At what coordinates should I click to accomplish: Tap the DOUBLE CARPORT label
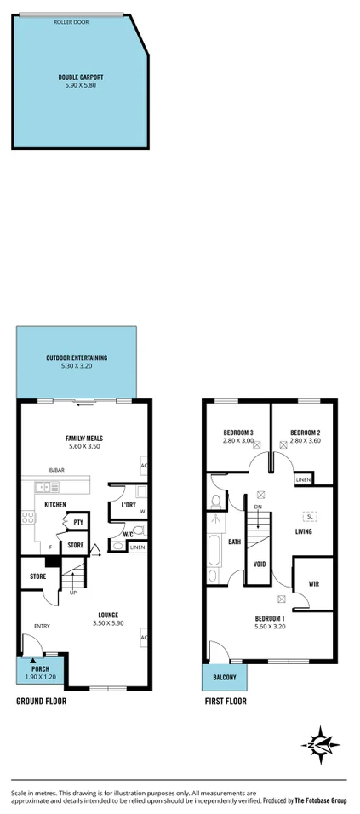(x=81, y=77)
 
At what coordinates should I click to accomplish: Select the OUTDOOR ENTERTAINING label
(x=77, y=358)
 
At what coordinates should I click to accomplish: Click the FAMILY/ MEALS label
(x=83, y=439)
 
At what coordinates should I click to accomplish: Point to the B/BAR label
(x=56, y=471)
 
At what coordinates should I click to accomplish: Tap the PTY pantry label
(x=77, y=523)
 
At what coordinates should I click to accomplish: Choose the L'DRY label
(x=129, y=505)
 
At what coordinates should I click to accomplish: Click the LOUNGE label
(x=107, y=615)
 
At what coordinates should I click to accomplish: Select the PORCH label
(x=40, y=668)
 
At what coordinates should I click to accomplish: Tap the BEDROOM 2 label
(x=304, y=433)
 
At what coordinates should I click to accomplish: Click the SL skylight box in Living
(x=309, y=516)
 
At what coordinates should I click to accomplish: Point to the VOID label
(x=260, y=563)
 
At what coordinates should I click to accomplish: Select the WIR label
(x=312, y=584)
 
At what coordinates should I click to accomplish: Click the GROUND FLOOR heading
(x=41, y=702)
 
